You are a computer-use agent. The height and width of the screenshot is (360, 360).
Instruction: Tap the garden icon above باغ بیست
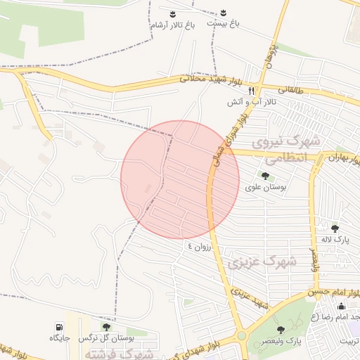[223, 13]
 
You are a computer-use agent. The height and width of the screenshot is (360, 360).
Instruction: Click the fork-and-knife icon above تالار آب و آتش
[250, 91]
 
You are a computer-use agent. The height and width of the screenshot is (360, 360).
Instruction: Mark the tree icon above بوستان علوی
[266, 176]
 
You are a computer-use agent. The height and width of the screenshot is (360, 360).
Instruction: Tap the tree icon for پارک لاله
[335, 228]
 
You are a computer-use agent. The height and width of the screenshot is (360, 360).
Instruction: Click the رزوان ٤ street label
[199, 247]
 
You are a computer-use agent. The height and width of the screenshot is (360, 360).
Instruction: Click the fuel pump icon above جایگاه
[58, 326]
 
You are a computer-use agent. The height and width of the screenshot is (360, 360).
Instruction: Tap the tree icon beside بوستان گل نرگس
[106, 326]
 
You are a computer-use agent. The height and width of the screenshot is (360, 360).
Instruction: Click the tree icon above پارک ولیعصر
[281, 330]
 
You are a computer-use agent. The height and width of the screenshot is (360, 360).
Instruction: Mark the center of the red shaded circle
[180, 180]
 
